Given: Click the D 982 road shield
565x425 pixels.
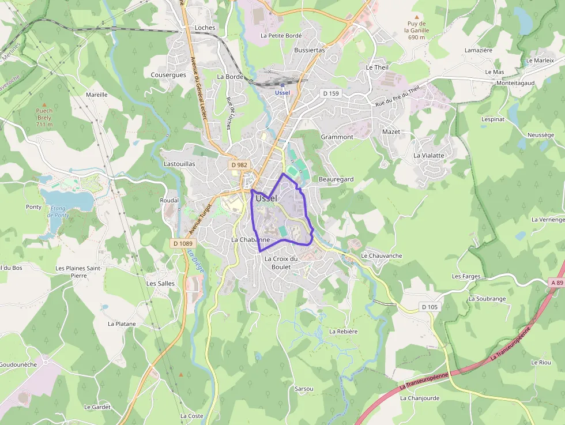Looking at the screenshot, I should pos(239,165).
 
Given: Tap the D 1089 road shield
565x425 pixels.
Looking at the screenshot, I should pos(182,243).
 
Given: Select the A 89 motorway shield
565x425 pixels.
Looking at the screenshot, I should pos(556,283).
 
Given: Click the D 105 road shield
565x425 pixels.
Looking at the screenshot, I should pos(430,307).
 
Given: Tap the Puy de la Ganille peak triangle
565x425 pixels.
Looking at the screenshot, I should pos(417,17).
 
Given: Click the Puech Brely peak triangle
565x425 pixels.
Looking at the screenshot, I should pos(44,103).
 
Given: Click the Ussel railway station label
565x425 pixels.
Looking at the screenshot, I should pos(282,92).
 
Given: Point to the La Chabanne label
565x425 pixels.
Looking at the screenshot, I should pos(250,239).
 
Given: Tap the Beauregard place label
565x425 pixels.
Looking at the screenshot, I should pos(336,179).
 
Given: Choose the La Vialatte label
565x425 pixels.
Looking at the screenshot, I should pos(429,155).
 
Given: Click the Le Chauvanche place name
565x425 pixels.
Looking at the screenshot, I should pos(381,255).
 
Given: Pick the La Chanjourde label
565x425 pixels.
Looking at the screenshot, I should pos(420,398).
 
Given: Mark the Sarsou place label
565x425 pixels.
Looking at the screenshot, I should pos(304,389).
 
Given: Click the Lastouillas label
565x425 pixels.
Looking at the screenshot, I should pos(179,164).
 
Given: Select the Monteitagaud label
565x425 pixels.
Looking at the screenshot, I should pos(515,83).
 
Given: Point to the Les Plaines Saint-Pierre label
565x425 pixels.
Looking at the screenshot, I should pos(79,272).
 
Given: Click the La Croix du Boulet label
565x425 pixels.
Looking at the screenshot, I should pos(281,262).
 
